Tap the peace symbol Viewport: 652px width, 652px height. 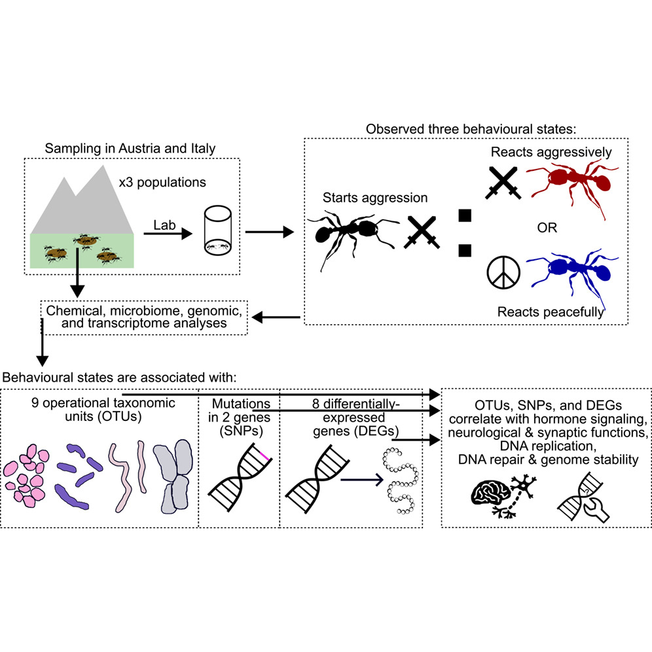pyautogui.click(x=503, y=272)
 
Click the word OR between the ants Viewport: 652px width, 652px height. pyautogui.click(x=547, y=227)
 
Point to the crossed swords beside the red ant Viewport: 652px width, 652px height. pyautogui.click(x=503, y=183)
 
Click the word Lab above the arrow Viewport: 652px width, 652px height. pyautogui.click(x=164, y=225)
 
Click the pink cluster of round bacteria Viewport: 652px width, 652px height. pyautogui.click(x=26, y=476)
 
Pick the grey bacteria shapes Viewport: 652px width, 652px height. pyautogui.click(x=173, y=476)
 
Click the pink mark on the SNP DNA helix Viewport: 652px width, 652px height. pyautogui.click(x=264, y=456)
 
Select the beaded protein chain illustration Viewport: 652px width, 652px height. pyautogui.click(x=400, y=480)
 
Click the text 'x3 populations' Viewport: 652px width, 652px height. pyautogui.click(x=162, y=182)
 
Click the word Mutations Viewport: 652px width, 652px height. pyautogui.click(x=241, y=403)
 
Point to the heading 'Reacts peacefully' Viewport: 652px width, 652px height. pyautogui.click(x=550, y=312)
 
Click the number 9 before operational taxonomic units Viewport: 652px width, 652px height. pyautogui.click(x=35, y=403)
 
